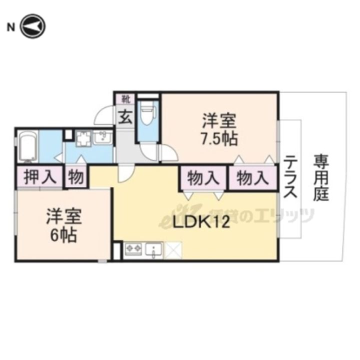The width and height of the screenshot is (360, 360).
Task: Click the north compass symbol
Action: click(x=33, y=26)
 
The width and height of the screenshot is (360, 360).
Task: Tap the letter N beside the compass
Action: click(x=11, y=27)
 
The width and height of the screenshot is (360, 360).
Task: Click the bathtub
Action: click(x=28, y=146)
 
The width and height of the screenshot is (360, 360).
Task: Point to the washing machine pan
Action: click(x=84, y=138)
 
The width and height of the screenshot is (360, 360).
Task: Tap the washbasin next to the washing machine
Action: click(x=102, y=137)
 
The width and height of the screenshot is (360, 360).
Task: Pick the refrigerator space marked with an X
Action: click(x=172, y=250)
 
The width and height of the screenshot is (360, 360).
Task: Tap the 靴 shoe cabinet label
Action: click(x=126, y=99)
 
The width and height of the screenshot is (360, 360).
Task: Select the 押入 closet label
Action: click(x=40, y=177)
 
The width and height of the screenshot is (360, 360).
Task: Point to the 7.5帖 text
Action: click(x=219, y=138)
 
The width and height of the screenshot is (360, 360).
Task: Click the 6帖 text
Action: click(x=63, y=235)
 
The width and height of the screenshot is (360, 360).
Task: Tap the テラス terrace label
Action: click(x=290, y=176)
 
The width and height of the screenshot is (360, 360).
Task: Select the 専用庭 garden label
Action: click(x=321, y=177)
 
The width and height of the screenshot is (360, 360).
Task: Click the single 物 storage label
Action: click(x=75, y=177)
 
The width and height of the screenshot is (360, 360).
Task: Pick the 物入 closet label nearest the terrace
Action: click(x=253, y=178)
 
